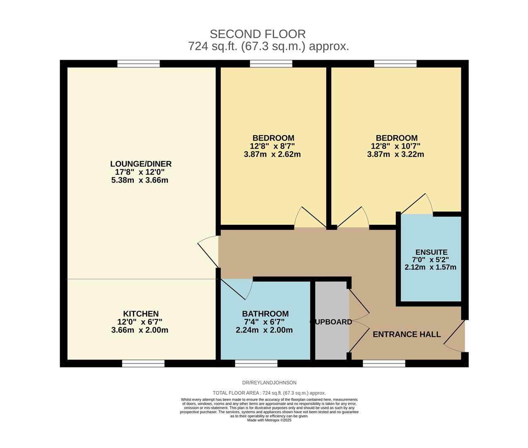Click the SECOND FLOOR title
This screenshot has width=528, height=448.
click(257, 34)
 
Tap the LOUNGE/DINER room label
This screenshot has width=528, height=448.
click(140, 164)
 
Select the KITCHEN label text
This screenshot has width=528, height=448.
click(140, 314)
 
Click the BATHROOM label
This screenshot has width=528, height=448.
click(265, 314)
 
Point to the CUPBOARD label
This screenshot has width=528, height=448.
click(331, 322)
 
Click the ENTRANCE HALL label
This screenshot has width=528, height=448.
click(407, 334)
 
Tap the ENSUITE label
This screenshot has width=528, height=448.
click(431, 252)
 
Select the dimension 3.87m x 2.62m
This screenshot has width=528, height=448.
click(272, 154)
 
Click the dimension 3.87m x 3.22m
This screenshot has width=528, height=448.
click(395, 154)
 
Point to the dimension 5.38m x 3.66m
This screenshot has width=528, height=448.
click(140, 180)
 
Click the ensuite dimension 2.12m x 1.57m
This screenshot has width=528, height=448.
click(430, 267)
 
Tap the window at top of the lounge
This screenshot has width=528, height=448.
click(138, 63)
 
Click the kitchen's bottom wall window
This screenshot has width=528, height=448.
click(143, 363)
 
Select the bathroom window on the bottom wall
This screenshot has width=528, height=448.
click(256, 363)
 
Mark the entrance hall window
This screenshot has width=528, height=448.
click(384, 363)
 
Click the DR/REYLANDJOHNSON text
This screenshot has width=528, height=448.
click(269, 382)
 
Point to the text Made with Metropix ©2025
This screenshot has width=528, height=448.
click(269, 420)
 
